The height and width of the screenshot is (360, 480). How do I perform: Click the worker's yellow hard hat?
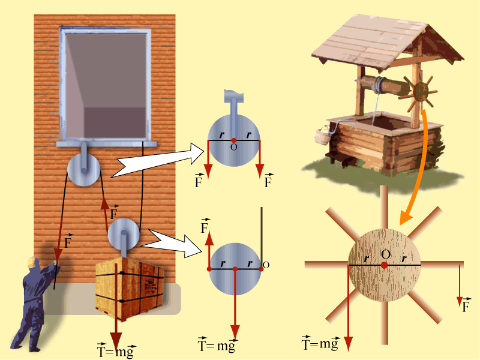click(32, 262)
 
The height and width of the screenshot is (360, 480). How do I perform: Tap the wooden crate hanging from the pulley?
click(130, 289)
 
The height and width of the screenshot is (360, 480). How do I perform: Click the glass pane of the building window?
click(106, 85)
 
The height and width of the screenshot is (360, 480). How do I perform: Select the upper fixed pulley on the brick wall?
click(83, 169)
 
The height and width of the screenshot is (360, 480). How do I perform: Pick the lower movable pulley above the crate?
click(124, 235)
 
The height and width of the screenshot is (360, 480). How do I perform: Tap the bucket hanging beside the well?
click(322, 136)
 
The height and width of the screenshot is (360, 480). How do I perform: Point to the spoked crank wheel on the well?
click(420, 91)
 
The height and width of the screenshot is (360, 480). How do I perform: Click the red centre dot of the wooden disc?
click(384, 265)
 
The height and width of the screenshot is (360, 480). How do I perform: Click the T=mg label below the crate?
click(116, 350)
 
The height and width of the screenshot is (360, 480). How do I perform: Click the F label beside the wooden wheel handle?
click(466, 305)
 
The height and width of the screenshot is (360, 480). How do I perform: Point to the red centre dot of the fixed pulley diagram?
click(234, 140)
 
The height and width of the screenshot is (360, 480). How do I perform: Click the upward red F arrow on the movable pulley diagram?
click(209, 250)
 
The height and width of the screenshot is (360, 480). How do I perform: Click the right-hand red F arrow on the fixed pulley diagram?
click(260, 159)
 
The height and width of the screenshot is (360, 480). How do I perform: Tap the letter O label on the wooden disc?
click(386, 254)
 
